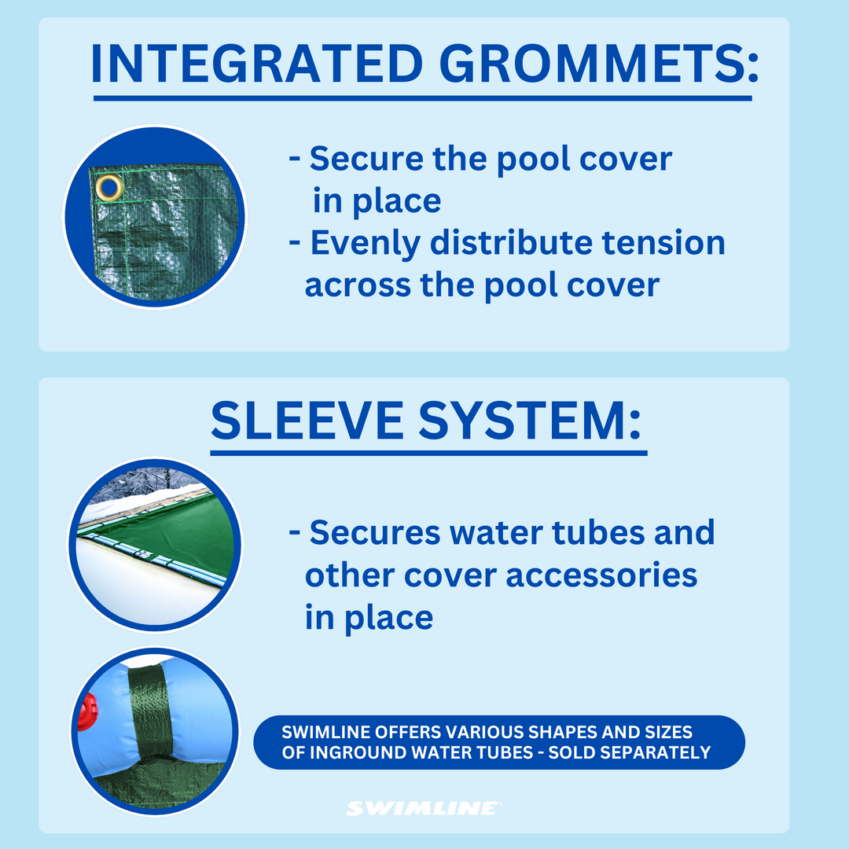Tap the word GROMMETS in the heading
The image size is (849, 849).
tap(592, 64)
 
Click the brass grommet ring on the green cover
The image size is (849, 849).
tap(109, 187)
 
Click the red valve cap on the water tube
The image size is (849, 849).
tap(86, 711)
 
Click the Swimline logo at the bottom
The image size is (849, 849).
tap(423, 808)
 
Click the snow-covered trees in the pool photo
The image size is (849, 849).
tap(149, 481)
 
